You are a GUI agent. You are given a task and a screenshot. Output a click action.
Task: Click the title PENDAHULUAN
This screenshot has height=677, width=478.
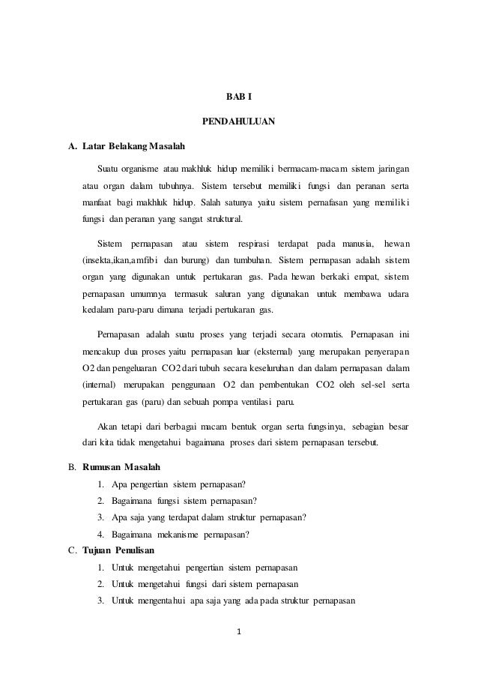[x=239, y=121]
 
